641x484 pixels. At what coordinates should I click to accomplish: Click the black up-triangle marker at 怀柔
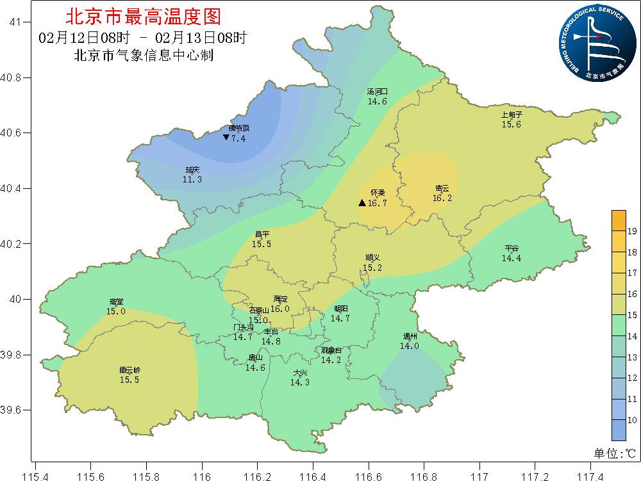[x=362, y=203]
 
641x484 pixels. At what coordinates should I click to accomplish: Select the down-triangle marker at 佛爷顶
[x=226, y=138]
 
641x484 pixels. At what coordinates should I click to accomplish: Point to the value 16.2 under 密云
[x=442, y=198]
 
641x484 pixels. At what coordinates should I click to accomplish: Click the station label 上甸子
[x=512, y=115]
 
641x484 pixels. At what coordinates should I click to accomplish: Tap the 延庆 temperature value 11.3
[x=192, y=179]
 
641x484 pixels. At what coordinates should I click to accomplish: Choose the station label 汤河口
[x=377, y=92]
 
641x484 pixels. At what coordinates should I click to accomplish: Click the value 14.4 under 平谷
[x=512, y=258]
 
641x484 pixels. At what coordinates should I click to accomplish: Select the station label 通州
[x=410, y=336]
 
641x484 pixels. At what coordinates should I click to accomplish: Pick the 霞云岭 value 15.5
[x=129, y=380]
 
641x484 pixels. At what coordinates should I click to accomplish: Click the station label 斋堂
[x=116, y=302]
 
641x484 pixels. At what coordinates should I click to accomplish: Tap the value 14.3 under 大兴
[x=300, y=382]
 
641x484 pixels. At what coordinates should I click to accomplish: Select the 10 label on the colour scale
[x=631, y=420]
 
